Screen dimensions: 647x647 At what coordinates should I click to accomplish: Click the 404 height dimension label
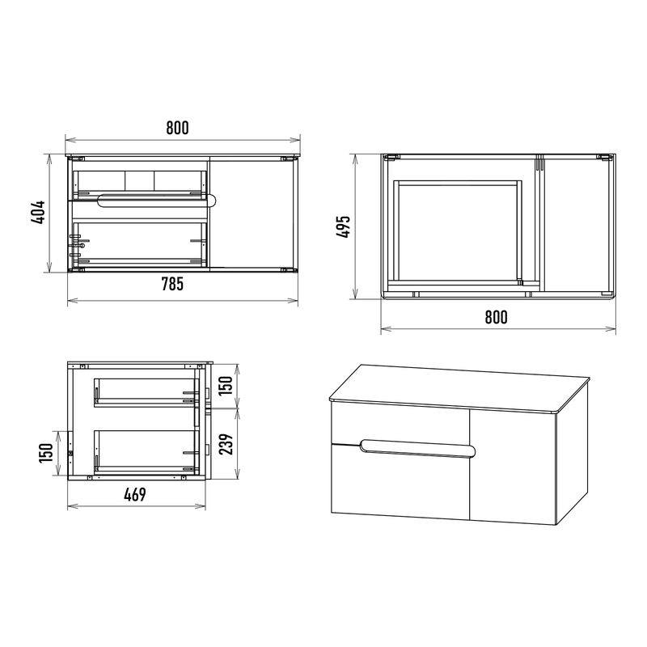pos(38,213)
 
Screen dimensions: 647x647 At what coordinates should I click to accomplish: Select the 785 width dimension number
pos(171,285)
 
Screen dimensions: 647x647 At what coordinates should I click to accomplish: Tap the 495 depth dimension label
pos(343,226)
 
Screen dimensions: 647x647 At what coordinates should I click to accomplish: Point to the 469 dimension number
pos(135,494)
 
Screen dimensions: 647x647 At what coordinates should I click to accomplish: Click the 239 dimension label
pos(226,444)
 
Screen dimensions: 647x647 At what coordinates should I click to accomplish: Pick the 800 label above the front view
pos(177,128)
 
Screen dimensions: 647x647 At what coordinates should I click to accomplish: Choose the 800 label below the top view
pos(496,317)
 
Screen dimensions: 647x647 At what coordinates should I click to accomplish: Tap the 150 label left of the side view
pos(46,453)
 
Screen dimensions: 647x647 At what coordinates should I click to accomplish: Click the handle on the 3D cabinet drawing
pos(417,449)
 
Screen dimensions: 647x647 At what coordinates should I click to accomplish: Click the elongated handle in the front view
pos(157,200)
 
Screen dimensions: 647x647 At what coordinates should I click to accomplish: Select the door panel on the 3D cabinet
pos(513,467)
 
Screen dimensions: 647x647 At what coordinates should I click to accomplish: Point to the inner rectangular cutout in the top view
pos(457,232)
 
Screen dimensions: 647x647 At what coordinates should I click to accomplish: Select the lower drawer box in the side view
pos(146,451)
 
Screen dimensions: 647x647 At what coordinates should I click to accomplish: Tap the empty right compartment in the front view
pos(252,214)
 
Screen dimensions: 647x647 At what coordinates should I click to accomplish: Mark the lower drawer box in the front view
pos(139,243)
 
